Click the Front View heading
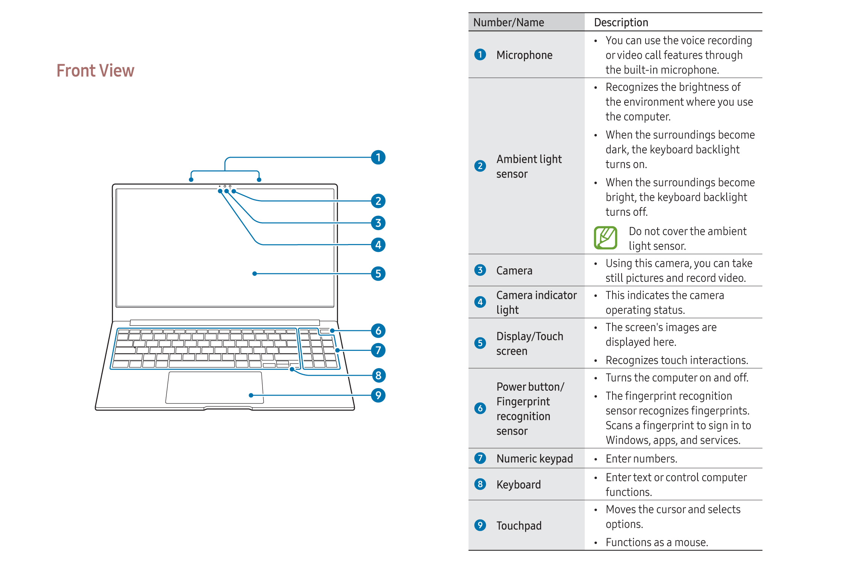coord(95,71)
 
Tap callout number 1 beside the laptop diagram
coord(378,157)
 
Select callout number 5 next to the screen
coord(378,274)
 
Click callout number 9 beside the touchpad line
coord(378,395)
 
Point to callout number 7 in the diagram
coord(378,350)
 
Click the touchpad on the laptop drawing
coord(214,387)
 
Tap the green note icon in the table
coord(605,238)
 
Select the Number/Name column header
coord(509,23)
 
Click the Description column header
coord(621,23)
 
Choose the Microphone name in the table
coord(524,55)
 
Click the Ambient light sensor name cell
coord(529,166)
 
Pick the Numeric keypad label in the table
coord(534,459)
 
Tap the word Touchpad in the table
coord(519,525)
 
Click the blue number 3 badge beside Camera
coord(480,270)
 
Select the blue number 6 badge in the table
coord(480,408)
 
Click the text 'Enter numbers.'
coord(641,459)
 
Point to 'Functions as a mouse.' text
coord(657,542)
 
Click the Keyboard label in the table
coord(518,485)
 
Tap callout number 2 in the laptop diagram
coord(378,201)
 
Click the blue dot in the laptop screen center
coord(255,274)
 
